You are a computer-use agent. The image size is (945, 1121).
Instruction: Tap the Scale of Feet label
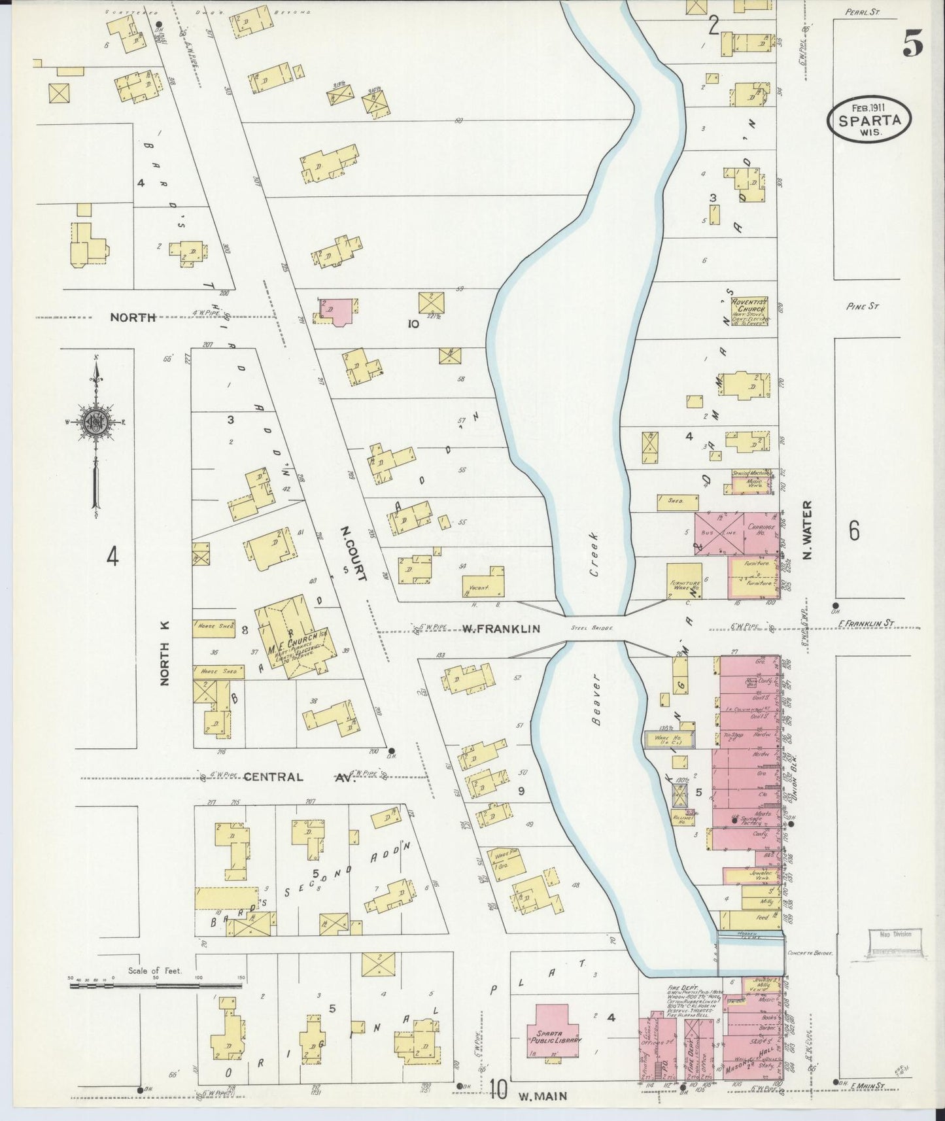point(155,971)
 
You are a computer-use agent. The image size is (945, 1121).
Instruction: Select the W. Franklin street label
point(501,629)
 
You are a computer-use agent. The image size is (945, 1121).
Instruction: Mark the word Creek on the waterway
point(594,563)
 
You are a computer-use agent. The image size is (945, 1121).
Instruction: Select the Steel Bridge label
point(591,628)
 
